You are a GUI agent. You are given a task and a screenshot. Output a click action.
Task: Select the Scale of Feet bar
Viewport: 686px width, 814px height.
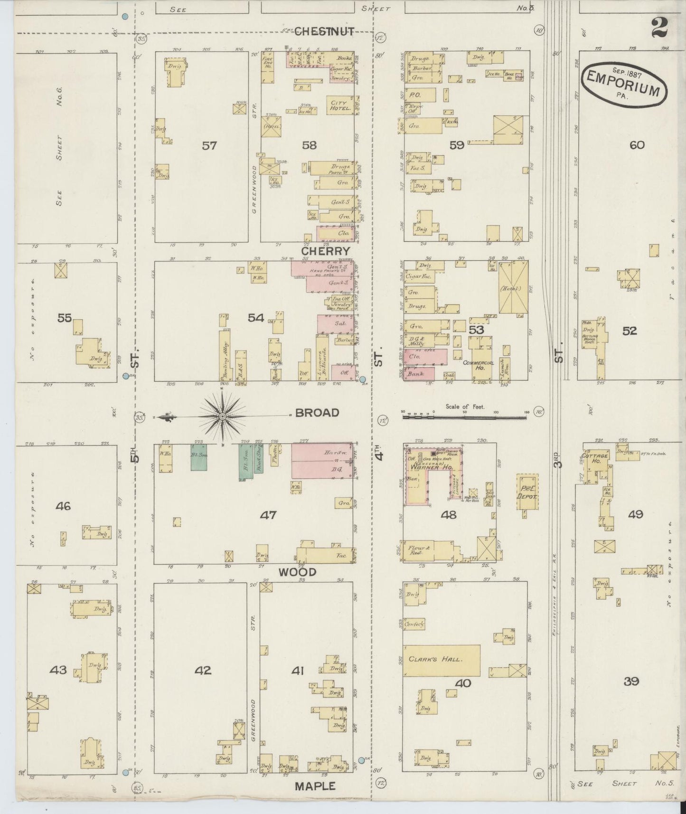click(x=464, y=417)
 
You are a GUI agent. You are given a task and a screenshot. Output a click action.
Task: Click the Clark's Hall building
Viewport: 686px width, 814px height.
click(x=442, y=660)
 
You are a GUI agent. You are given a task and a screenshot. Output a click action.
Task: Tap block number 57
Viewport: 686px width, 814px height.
click(x=209, y=145)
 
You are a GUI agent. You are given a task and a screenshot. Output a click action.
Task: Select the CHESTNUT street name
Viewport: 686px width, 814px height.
click(x=324, y=32)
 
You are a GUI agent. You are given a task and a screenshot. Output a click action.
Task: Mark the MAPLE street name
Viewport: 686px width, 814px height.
click(x=314, y=786)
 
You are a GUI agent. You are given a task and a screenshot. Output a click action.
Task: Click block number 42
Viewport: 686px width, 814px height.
click(x=203, y=670)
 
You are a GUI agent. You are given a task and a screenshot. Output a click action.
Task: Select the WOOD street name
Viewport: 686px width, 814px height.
click(x=297, y=572)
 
